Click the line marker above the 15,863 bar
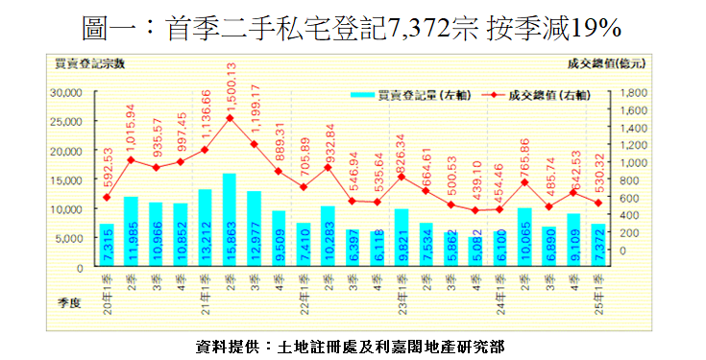(x=231, y=118)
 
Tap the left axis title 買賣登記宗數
(x=93, y=62)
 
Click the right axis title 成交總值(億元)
(x=605, y=62)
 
